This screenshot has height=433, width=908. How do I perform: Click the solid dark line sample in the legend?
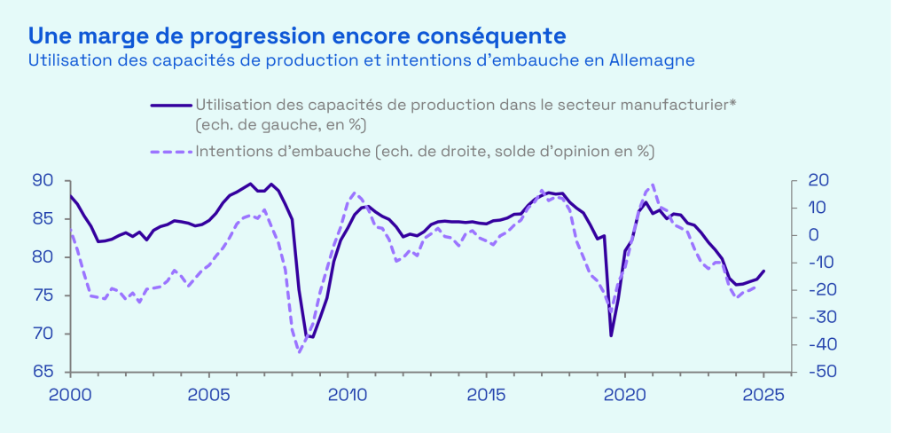coord(171,106)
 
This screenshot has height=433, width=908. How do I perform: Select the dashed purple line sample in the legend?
coord(171,152)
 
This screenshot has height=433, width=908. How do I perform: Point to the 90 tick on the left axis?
coord(43,181)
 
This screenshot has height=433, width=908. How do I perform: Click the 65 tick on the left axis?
coord(43,373)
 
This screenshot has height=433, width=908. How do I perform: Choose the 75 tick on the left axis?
coord(43,296)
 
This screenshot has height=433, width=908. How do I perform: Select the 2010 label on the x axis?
coord(347,394)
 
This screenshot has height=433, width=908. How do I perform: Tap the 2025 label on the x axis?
coord(763,394)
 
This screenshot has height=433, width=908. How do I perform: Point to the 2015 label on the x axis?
coord(486,394)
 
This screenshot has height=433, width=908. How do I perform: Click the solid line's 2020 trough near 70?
coord(611,335)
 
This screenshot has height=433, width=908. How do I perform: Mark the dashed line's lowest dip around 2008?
coord(300,352)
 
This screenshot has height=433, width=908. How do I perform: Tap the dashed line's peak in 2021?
coord(654,185)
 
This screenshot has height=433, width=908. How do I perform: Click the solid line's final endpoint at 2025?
coord(763,271)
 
